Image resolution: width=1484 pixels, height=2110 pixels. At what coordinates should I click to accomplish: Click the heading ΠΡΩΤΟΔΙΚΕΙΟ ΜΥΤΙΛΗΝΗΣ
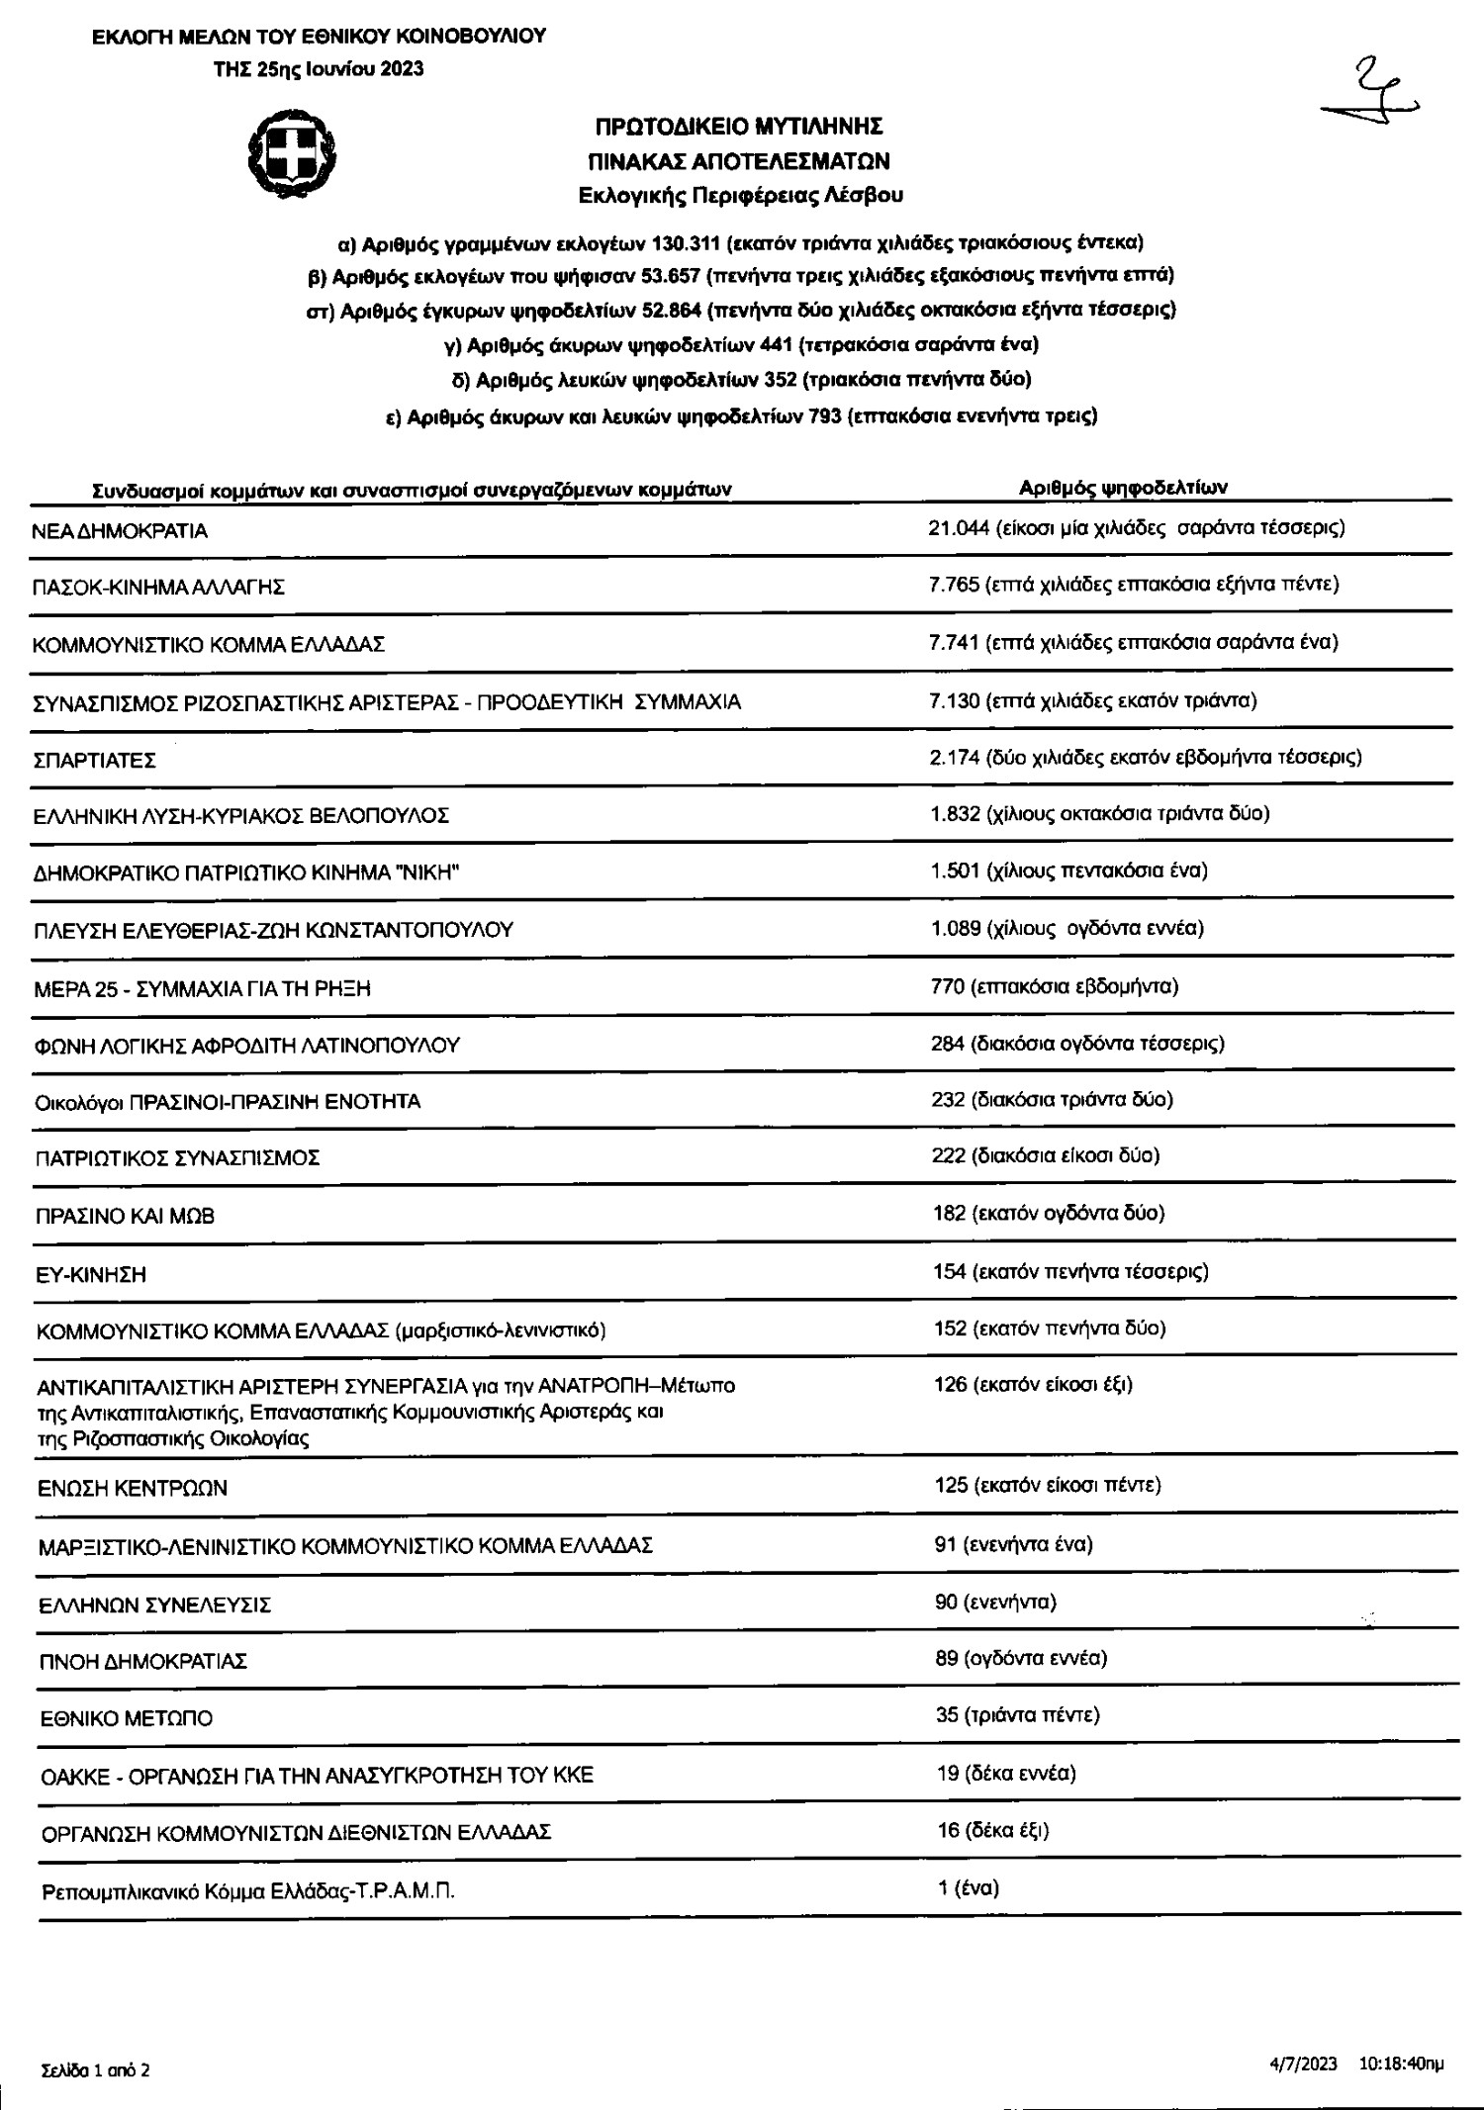[738, 127]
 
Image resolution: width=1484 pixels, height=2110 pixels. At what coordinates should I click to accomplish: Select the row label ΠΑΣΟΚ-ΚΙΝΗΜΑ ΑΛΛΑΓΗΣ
[158, 588]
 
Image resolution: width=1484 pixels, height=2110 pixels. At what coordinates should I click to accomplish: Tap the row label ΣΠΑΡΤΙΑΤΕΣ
[94, 761]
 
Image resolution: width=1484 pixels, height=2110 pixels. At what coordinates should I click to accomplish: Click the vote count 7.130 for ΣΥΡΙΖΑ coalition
[954, 700]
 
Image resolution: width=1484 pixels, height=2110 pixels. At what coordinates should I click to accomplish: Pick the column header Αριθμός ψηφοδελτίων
[1123, 487]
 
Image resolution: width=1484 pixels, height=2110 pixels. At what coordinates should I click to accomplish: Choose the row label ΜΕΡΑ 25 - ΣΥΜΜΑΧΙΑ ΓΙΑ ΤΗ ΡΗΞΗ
[203, 988]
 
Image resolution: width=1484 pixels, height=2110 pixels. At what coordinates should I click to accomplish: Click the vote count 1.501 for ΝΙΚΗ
[955, 871]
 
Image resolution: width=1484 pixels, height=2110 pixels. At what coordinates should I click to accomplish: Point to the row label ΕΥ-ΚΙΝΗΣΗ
[91, 1275]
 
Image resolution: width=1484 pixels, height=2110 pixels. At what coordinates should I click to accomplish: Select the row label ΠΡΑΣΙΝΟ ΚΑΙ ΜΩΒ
[125, 1216]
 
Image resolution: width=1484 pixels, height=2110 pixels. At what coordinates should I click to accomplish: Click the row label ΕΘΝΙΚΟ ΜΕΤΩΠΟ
[126, 1718]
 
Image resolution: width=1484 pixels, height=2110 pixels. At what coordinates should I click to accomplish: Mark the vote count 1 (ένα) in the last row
[968, 1887]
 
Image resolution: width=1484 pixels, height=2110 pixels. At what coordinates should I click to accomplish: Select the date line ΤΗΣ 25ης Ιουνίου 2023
[319, 68]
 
